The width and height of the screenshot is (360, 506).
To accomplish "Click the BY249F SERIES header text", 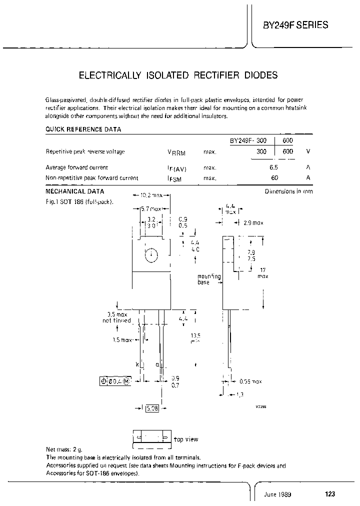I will click(296, 24).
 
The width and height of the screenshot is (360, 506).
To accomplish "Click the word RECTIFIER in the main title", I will click(215, 75).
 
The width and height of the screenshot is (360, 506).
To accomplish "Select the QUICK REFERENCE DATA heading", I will click(83, 129).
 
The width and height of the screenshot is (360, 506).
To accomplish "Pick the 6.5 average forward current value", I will click(273, 167).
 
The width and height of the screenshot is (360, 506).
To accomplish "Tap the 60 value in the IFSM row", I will click(274, 177).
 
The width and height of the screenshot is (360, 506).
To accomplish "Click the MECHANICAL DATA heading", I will click(75, 191).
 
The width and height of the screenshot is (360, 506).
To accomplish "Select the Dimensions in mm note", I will click(288, 191).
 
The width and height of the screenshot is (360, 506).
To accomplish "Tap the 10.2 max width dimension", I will click(151, 195).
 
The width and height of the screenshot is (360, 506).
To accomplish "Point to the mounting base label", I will click(208, 279).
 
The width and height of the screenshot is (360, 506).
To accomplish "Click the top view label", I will click(186, 439).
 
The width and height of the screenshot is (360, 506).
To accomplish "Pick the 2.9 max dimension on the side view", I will click(252, 222).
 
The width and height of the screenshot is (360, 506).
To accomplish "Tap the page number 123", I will click(329, 494).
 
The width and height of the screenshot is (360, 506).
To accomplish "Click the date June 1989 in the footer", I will click(278, 494).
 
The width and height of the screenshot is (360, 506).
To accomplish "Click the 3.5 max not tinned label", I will click(116, 317).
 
